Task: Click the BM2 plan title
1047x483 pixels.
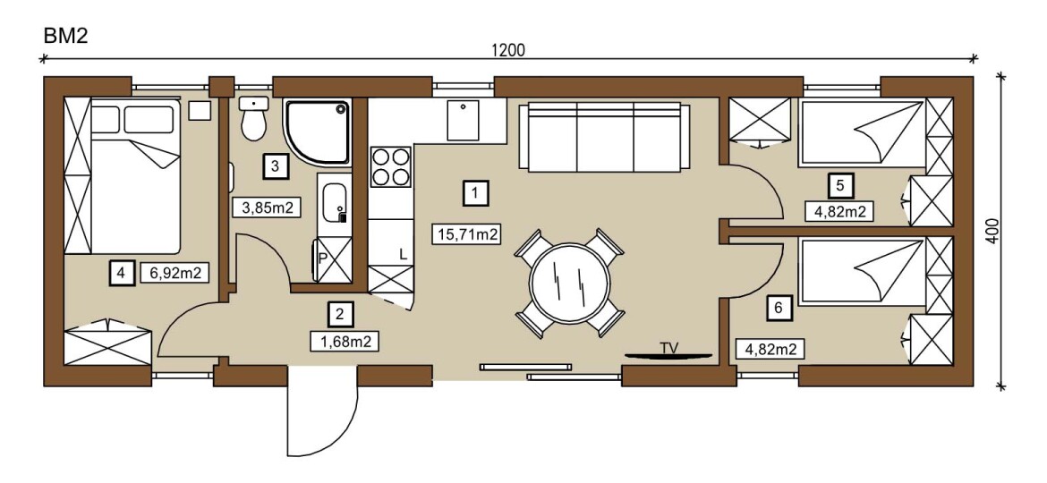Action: click(x=65, y=36)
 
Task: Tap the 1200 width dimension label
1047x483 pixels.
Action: click(x=508, y=50)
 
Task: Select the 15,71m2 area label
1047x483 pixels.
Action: click(x=467, y=234)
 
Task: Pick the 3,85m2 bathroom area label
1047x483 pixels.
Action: click(x=265, y=208)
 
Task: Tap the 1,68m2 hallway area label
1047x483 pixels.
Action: click(x=346, y=342)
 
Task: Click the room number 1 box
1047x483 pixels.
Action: click(x=475, y=193)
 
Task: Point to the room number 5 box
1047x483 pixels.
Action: click(x=840, y=185)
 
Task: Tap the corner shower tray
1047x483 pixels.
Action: click(x=317, y=132)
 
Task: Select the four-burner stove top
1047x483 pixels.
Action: click(x=391, y=166)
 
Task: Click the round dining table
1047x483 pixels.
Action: click(x=569, y=282)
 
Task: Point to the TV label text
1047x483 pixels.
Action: click(x=668, y=347)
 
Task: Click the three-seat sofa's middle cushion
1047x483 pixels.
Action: click(x=604, y=138)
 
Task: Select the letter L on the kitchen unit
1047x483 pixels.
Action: click(x=403, y=254)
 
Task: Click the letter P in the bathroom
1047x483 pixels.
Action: click(x=321, y=258)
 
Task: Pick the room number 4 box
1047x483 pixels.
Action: click(x=120, y=273)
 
